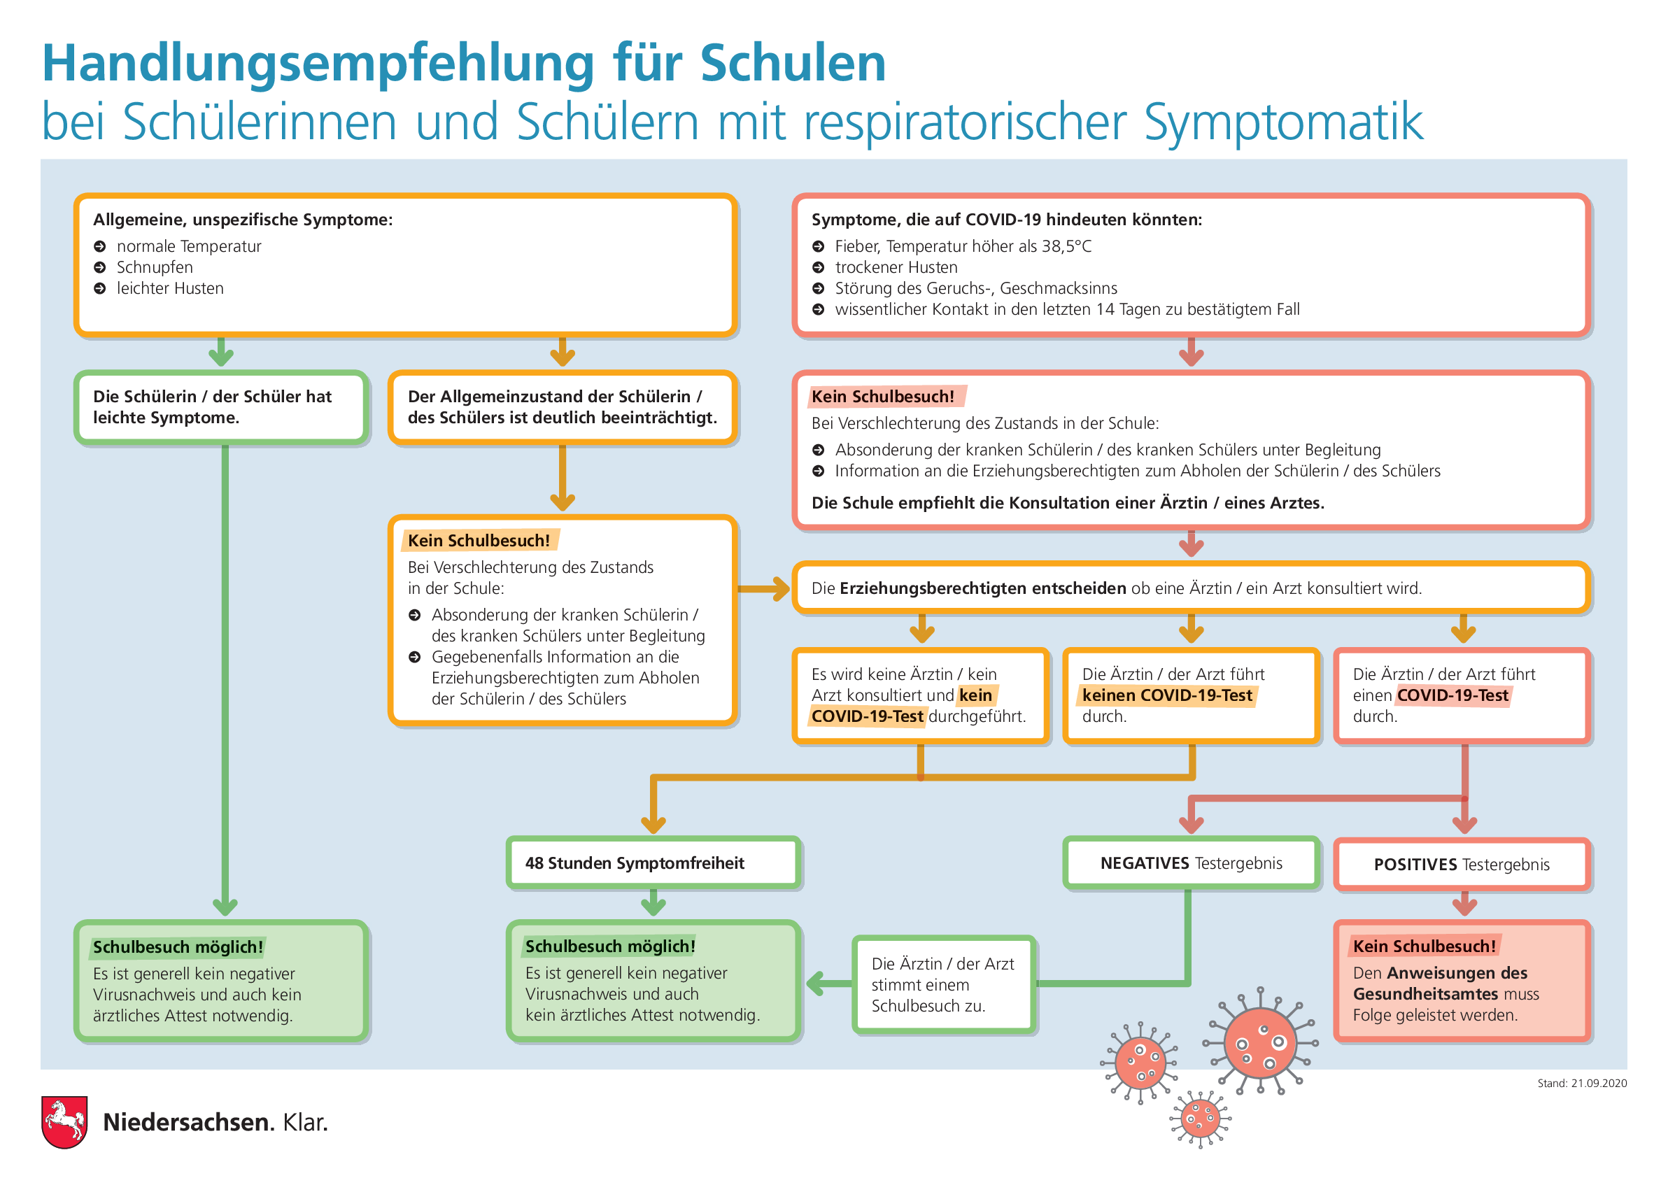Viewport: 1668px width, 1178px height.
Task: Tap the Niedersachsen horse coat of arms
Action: coord(64,1121)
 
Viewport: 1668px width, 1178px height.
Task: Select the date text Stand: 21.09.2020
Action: coord(1581,1083)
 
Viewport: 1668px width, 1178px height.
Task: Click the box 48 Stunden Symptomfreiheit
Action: coord(653,863)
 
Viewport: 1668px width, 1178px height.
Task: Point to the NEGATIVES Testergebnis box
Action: coord(1191,863)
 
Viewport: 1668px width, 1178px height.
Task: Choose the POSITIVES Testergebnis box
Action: coord(1462,864)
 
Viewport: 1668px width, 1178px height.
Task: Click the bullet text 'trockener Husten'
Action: coord(896,267)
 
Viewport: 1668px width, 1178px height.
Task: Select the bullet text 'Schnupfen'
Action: coord(155,267)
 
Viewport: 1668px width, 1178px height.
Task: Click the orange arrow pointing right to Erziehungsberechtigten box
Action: coord(763,588)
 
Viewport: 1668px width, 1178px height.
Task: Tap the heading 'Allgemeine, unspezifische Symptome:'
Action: coord(243,220)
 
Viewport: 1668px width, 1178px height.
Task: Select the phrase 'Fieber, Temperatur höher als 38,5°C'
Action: coord(963,246)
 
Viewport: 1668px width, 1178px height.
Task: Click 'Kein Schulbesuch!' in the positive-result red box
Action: coord(1424,946)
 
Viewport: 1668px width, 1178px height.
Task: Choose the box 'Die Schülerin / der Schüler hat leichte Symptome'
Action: coord(221,406)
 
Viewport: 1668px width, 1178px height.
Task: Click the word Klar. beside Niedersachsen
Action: coord(305,1122)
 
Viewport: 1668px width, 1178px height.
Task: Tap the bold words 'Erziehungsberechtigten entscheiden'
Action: coord(982,588)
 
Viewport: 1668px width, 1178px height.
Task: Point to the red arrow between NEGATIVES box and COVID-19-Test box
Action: coord(1328,799)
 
